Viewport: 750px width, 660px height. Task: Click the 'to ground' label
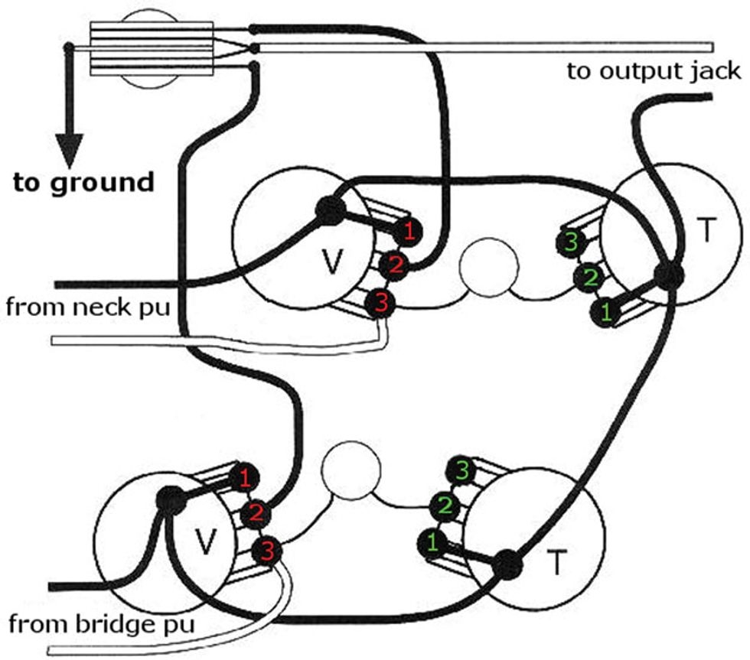(83, 183)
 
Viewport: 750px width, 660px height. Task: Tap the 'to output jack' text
(654, 72)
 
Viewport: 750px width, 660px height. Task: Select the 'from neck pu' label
(87, 308)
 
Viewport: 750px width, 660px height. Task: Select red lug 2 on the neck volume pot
(396, 266)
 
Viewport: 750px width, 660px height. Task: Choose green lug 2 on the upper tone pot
(588, 276)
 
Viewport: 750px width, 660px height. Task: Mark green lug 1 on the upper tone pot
(605, 311)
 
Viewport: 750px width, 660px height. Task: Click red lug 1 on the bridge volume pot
(244, 479)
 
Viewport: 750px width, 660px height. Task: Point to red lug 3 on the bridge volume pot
(267, 549)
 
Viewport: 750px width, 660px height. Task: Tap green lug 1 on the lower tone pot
(432, 543)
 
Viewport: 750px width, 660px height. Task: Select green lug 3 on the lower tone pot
(461, 469)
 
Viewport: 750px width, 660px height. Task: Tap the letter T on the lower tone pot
(556, 564)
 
